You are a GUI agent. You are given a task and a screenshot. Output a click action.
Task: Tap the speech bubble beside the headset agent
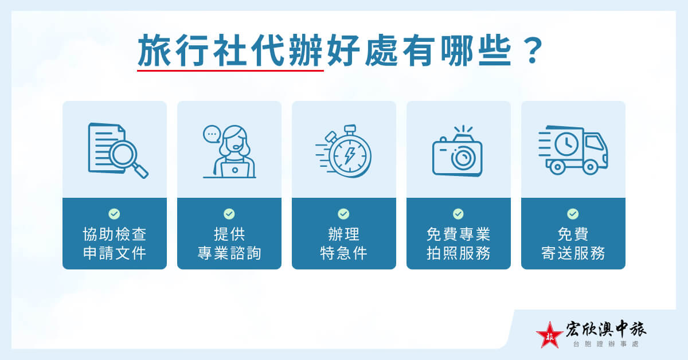[x=212, y=135]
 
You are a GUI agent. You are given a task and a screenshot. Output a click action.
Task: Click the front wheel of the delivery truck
[x=591, y=167]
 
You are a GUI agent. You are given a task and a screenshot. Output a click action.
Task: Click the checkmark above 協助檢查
[x=115, y=214]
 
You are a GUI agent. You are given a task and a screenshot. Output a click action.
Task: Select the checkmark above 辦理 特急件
[x=343, y=214]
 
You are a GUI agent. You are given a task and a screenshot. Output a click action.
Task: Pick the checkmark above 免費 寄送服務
[x=573, y=214]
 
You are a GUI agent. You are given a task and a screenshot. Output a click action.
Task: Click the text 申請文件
[x=115, y=253]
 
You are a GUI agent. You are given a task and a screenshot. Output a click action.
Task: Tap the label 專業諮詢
[x=229, y=253]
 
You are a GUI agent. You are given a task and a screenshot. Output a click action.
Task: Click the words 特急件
[x=343, y=253]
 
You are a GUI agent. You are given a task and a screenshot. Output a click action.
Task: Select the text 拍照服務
[x=459, y=253]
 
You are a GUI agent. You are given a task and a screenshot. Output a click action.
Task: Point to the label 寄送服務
[x=573, y=253]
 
